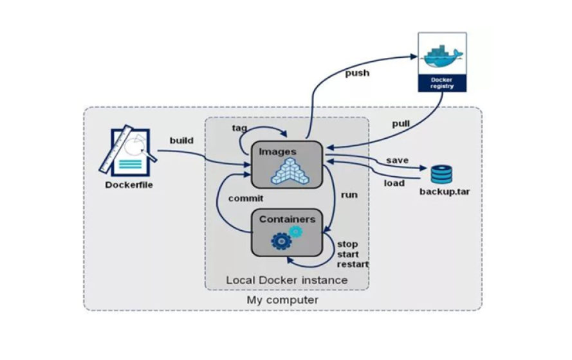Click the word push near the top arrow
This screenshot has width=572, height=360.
click(x=357, y=73)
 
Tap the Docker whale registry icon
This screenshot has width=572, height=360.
click(x=442, y=56)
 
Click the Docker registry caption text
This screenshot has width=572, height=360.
click(x=442, y=82)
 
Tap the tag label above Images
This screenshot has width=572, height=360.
click(x=239, y=128)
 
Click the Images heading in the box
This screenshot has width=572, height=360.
click(x=277, y=152)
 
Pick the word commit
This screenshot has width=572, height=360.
click(x=246, y=199)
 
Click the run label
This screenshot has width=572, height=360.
click(x=349, y=194)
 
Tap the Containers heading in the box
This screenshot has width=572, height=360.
click(x=287, y=219)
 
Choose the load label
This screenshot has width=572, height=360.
click(x=394, y=183)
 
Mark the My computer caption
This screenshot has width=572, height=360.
click(x=282, y=300)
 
